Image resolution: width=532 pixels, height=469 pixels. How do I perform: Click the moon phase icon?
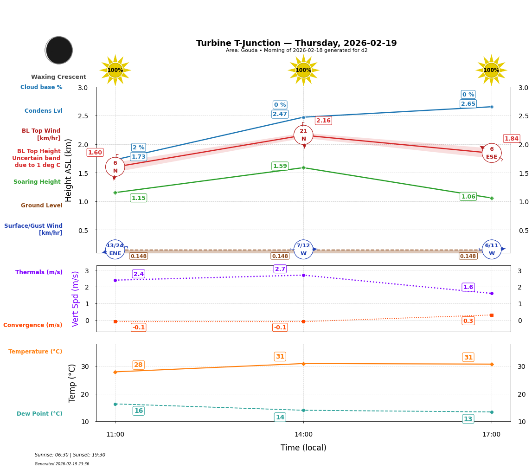[x=59, y=50]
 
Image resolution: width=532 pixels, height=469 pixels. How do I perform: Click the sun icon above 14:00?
[x=303, y=70]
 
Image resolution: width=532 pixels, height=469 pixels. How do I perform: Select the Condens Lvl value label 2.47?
[x=280, y=114]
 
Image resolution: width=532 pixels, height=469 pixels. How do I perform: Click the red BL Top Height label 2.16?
[x=323, y=121]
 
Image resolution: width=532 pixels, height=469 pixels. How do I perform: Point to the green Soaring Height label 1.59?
[x=280, y=166]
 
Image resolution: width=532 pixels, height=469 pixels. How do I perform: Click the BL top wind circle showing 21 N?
[x=303, y=135]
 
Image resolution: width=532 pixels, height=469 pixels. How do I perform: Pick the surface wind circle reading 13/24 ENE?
[x=115, y=250]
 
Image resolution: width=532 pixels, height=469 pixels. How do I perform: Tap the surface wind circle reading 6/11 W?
[x=492, y=250]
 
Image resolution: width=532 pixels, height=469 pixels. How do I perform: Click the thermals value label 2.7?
[x=280, y=269]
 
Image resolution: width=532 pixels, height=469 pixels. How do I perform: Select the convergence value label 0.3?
[x=468, y=321]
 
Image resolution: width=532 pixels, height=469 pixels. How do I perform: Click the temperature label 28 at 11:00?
[x=138, y=365]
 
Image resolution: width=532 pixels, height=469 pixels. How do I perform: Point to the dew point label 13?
[x=468, y=419]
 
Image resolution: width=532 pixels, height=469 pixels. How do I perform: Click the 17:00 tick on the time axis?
[x=492, y=435]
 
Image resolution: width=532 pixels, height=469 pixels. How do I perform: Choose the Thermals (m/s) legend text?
[x=39, y=272]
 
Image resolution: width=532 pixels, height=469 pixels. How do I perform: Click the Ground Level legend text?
[x=42, y=206]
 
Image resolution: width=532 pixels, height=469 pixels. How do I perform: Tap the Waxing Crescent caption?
[x=58, y=77]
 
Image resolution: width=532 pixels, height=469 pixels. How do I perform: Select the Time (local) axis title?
[x=303, y=448]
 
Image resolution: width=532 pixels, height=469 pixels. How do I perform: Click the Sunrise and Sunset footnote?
[x=70, y=455]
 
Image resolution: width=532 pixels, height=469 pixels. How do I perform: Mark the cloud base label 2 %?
[x=138, y=148]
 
